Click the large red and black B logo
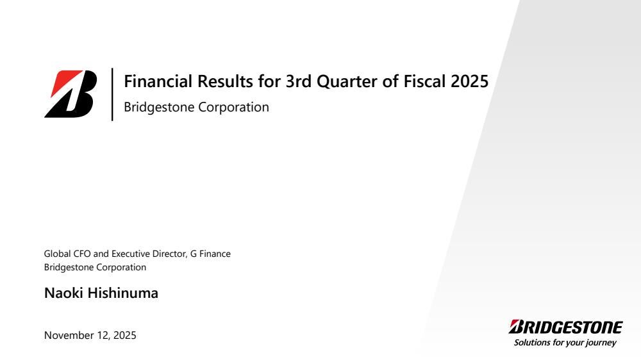coord(71,94)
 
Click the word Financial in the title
coord(158,81)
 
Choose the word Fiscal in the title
coord(425,81)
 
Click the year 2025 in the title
coord(470,81)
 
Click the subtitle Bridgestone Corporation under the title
coord(197,107)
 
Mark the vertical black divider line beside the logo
coord(112,94)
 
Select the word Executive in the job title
coord(131,254)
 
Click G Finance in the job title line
coord(210,254)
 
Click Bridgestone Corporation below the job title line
coord(96,267)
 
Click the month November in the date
coord(69,336)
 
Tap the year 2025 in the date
coord(125,336)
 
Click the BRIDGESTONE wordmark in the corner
coord(566,327)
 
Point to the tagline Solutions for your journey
coord(565,343)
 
